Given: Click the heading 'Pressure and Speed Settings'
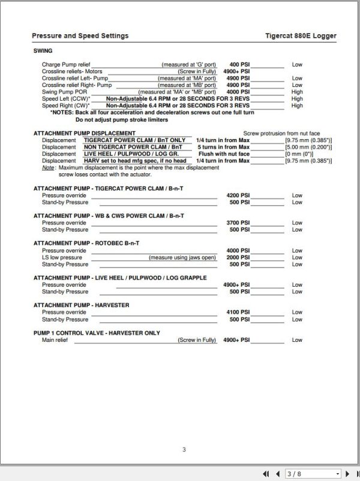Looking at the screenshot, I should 80,36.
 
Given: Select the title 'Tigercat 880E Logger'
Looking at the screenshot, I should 301,36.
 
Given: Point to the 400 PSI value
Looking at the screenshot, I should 239,64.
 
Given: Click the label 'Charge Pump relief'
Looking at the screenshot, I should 65,64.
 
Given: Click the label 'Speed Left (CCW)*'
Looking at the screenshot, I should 66,99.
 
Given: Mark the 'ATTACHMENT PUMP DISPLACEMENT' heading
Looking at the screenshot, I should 84,133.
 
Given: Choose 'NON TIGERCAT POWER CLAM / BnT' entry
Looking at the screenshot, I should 133,147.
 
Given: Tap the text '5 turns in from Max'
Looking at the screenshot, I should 223,147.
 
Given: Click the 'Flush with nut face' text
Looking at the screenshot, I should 223,154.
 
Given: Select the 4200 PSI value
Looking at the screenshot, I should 238,196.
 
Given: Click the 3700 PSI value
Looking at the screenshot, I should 238,223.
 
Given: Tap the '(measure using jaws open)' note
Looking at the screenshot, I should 183,257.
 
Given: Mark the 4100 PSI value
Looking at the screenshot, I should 238,312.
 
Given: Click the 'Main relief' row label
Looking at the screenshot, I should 55,340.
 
